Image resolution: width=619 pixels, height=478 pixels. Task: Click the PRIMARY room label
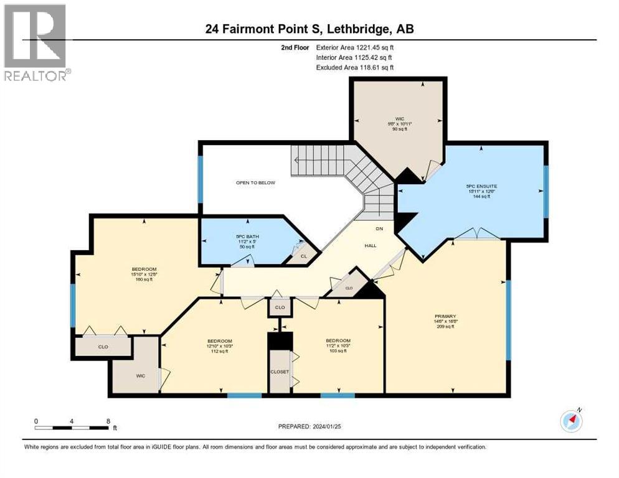point(445,316)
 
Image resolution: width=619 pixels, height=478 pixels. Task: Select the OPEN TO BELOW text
point(255,182)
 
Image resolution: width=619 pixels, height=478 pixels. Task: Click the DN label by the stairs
point(387,228)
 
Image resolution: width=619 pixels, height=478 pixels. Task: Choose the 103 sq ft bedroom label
point(338,341)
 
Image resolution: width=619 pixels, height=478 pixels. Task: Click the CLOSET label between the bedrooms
point(280,371)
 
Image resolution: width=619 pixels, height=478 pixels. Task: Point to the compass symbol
point(571,421)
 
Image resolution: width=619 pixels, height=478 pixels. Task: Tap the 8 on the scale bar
point(108,421)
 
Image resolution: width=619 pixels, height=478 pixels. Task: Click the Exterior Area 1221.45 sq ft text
point(355,47)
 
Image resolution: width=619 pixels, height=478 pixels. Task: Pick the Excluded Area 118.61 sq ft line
point(355,67)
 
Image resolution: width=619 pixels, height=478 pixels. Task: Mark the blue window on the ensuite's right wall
point(546,192)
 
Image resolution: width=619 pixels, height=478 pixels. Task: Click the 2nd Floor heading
point(294,47)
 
